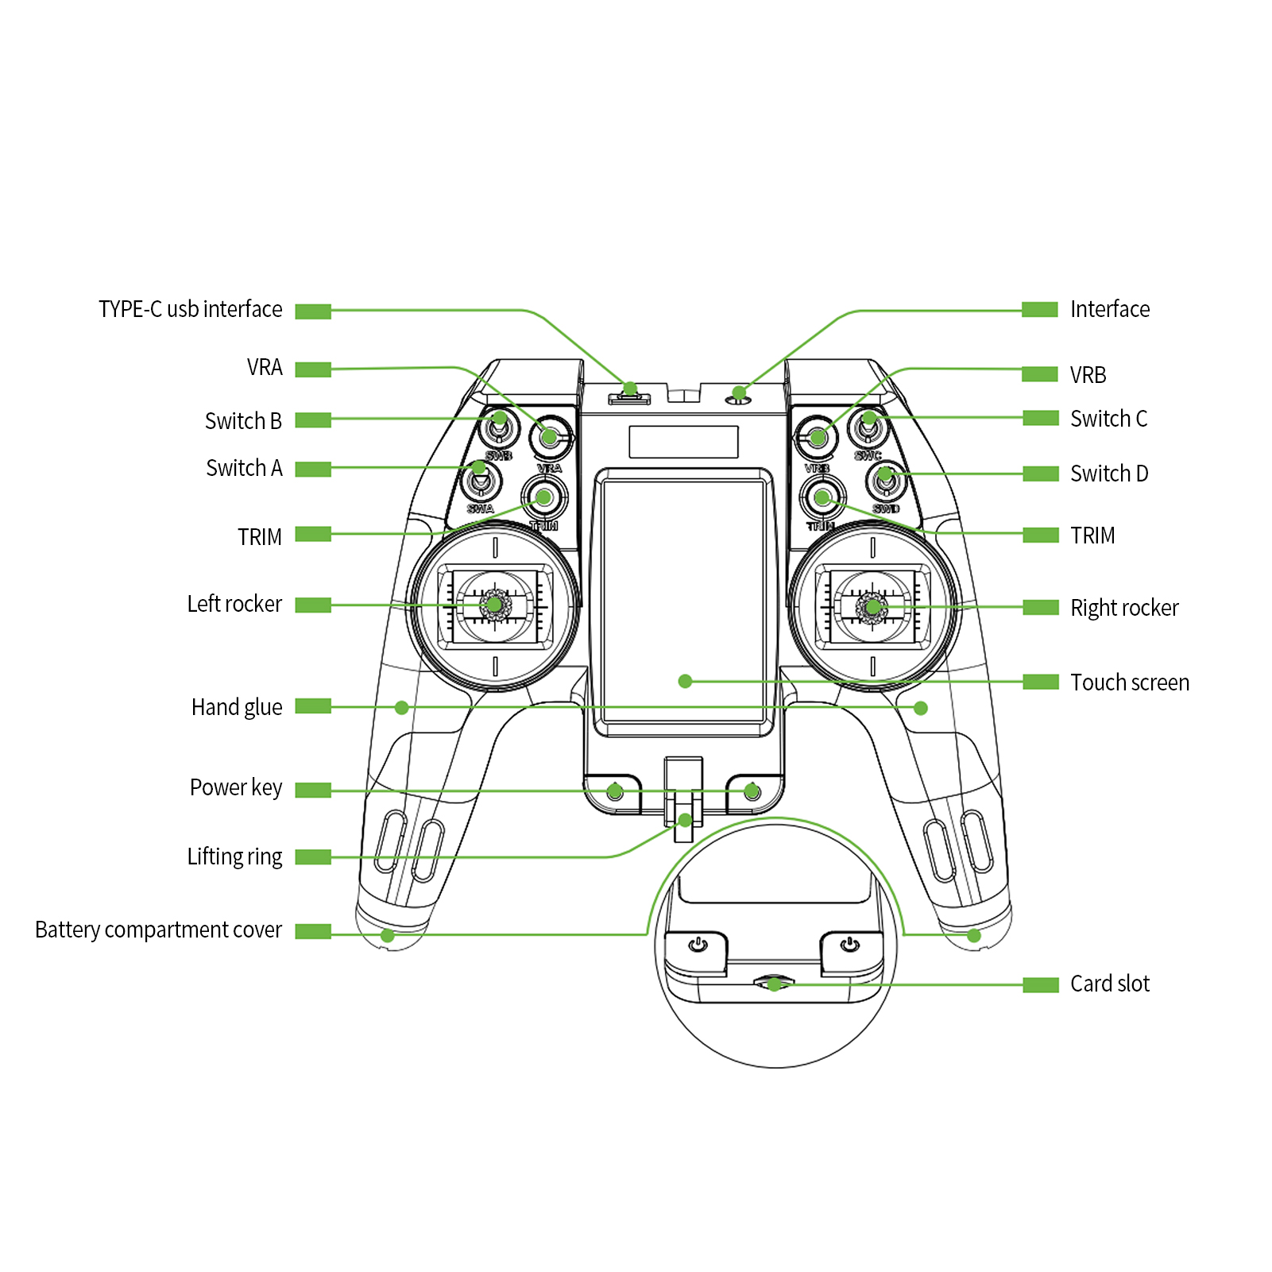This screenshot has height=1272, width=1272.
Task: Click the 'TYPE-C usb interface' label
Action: coord(190,309)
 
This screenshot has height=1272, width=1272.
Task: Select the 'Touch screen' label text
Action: coord(1129,682)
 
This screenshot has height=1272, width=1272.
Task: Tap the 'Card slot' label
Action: coord(1109,984)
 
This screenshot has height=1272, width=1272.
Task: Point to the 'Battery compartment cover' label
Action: coord(158,930)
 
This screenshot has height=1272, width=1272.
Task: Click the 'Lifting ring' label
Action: coord(234,856)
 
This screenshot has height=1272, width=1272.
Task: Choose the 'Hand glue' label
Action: coord(237,707)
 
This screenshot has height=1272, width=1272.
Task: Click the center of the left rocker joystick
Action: coord(494,605)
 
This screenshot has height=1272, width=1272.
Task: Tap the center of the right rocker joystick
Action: coord(872,608)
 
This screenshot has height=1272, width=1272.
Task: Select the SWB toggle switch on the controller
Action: coord(499,427)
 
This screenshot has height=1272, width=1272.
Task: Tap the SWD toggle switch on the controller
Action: coord(885,478)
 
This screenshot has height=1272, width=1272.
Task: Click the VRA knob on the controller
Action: coord(549,435)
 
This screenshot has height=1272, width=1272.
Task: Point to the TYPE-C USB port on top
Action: coord(629,396)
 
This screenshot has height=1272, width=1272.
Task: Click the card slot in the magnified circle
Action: coord(774,984)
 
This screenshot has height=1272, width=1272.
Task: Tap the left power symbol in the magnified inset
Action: coord(698,945)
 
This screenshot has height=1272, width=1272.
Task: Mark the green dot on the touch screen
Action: coord(685,681)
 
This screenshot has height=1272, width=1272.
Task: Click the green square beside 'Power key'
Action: coord(313,790)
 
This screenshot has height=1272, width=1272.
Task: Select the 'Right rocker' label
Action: coord(1123,608)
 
